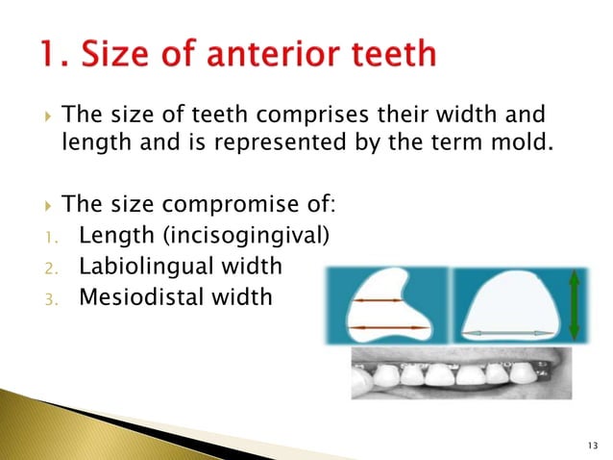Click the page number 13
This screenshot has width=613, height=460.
tap(589, 443)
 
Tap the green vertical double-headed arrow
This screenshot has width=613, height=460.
tap(575, 304)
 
